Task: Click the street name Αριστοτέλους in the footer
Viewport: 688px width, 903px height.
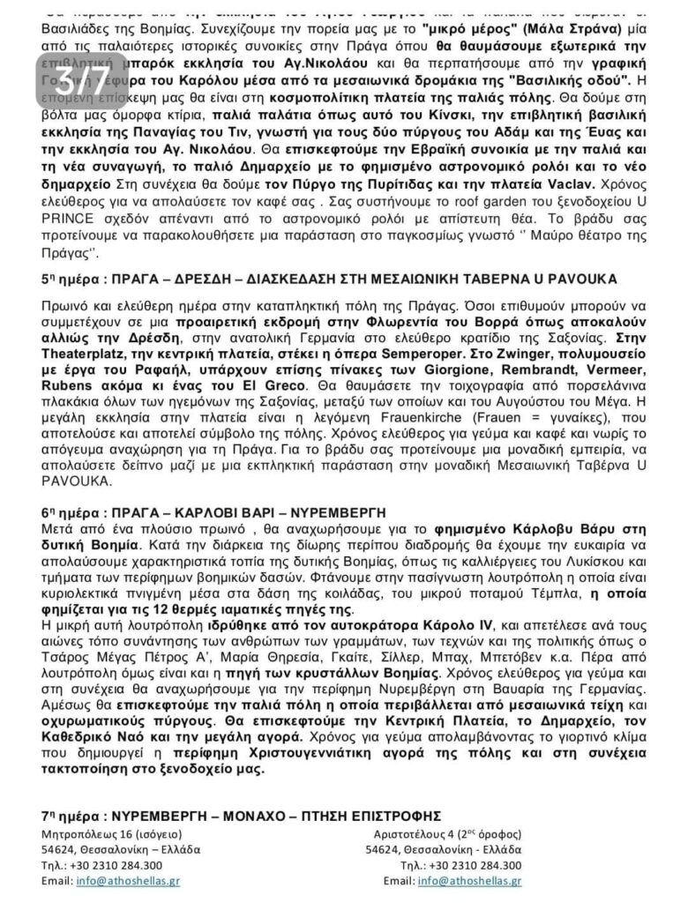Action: pos(411,833)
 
